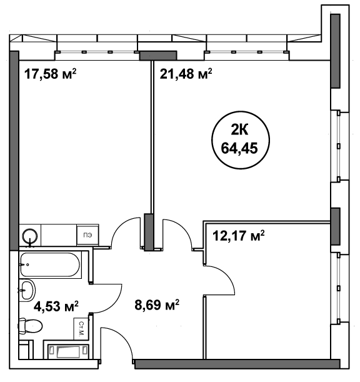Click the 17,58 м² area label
pyautogui.click(x=51, y=74)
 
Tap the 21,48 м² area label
pyautogui.click(x=186, y=74)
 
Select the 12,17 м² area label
pyautogui.click(x=239, y=236)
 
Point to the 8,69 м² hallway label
pyautogui.click(x=157, y=304)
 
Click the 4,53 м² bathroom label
pyautogui.click(x=56, y=306)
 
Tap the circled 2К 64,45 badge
pyautogui.click(x=241, y=140)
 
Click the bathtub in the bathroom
pyautogui.click(x=50, y=264)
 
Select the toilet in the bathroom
pyautogui.click(x=30, y=326)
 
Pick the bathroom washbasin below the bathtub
pyautogui.click(x=27, y=290)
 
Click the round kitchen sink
pyautogui.click(x=30, y=236)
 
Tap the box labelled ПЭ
pyautogui.click(x=87, y=235)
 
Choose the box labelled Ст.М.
pyautogui.click(x=81, y=329)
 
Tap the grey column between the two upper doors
pyautogui.click(x=149, y=232)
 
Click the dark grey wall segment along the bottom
pyautogui.click(x=237, y=364)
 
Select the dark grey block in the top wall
pyautogui.click(x=158, y=55)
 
